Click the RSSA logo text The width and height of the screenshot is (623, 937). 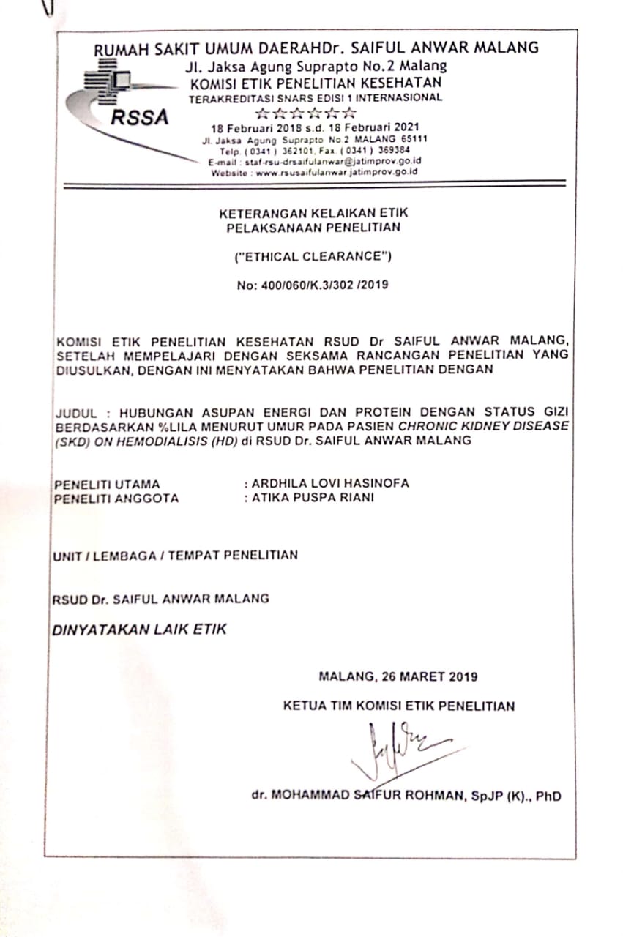click(140, 117)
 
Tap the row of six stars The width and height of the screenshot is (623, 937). click(305, 113)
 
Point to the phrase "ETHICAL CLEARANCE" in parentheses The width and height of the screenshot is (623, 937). click(313, 257)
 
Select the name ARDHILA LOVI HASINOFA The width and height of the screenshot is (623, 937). click(330, 484)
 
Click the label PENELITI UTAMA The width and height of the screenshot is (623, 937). click(107, 484)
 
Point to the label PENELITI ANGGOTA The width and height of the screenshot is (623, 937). click(116, 499)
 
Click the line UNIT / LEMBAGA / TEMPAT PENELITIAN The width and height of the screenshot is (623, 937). click(175, 556)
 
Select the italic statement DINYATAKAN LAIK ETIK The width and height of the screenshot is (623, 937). click(139, 630)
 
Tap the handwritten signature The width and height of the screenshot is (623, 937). click(399, 748)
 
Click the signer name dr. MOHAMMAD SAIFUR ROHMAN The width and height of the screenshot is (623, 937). click(359, 796)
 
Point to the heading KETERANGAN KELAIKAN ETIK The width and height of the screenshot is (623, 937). click(313, 213)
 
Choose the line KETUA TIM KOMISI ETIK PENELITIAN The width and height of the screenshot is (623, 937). click(399, 706)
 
